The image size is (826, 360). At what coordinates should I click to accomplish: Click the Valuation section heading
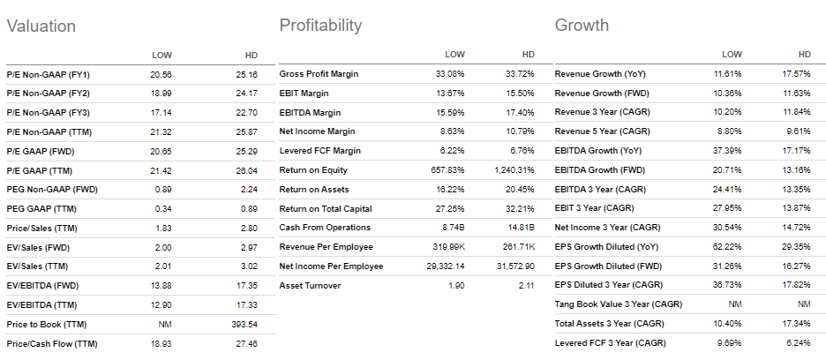click(x=41, y=26)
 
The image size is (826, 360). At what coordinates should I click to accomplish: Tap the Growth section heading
click(x=582, y=25)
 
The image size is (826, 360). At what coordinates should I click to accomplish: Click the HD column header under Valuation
click(x=251, y=56)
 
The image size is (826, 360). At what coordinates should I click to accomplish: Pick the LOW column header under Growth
click(x=732, y=54)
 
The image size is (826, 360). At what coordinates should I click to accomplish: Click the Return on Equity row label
click(x=314, y=169)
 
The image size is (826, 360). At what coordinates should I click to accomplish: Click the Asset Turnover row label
click(x=310, y=286)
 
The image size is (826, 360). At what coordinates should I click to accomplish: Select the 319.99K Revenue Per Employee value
click(x=446, y=247)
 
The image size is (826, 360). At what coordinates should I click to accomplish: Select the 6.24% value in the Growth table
click(x=799, y=344)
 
